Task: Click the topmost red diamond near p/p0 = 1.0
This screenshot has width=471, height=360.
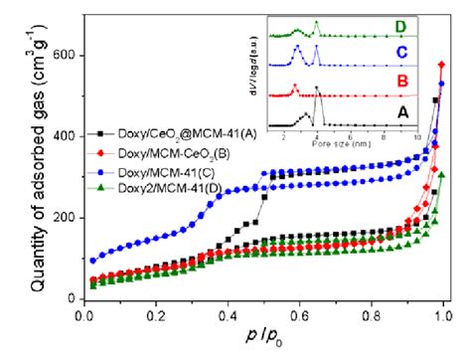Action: click(442, 66)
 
